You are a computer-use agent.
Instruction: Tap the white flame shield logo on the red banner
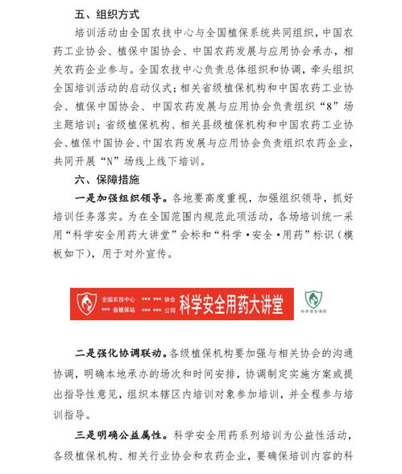[x=85, y=302]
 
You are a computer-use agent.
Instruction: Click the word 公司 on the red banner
[x=168, y=308]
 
